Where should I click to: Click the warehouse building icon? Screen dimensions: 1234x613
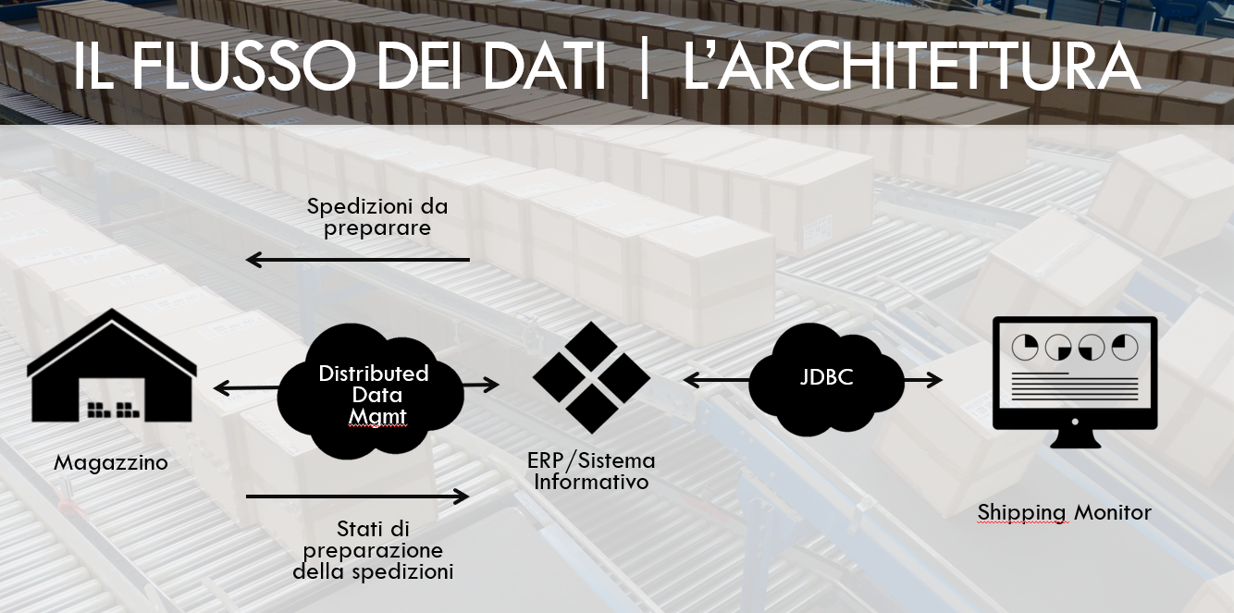tap(112, 366)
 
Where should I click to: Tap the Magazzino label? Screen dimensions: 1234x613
tap(111, 462)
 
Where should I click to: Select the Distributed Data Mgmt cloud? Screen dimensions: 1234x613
tap(371, 392)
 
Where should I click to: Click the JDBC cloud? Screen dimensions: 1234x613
tap(826, 379)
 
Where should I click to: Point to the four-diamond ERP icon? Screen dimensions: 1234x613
tap(591, 378)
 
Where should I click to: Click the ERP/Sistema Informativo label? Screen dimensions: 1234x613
tap(591, 471)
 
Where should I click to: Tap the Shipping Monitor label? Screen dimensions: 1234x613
tap(1065, 512)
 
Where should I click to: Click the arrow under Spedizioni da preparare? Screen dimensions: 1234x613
tap(358, 260)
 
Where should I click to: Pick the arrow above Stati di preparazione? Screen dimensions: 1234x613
tap(358, 497)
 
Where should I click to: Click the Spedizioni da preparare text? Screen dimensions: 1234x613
tap(377, 217)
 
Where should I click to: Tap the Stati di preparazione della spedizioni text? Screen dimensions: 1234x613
tap(373, 550)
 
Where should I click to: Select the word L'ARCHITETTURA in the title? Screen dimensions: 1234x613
tap(912, 65)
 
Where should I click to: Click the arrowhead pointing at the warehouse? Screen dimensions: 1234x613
tap(221, 388)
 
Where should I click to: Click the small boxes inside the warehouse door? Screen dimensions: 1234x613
tap(114, 410)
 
